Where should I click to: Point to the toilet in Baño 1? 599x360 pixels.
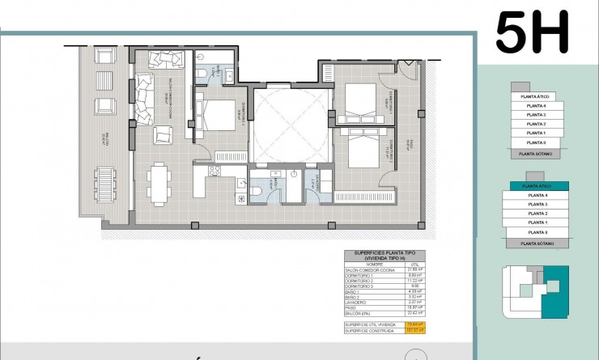point(200,74)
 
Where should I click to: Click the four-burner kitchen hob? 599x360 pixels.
point(215,170)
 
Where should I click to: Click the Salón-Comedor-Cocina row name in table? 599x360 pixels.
point(362,269)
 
